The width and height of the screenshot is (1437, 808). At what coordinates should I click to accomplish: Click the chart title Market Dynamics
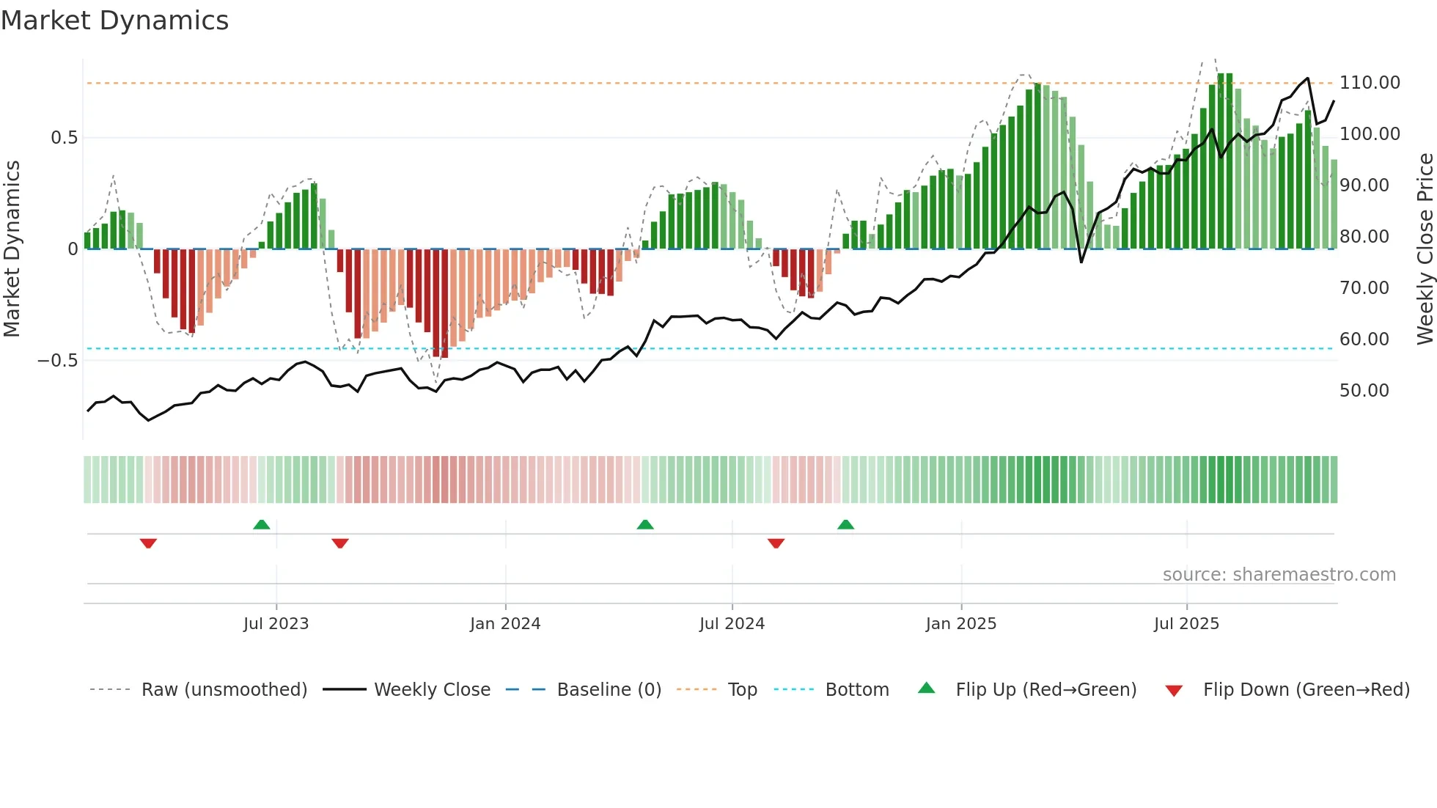pyautogui.click(x=114, y=21)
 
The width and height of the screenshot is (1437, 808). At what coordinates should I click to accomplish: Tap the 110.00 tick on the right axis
pyautogui.click(x=1370, y=83)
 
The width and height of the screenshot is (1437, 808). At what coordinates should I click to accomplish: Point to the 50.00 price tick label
pyautogui.click(x=1364, y=391)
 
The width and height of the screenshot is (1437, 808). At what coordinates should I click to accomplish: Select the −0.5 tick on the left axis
pyautogui.click(x=57, y=361)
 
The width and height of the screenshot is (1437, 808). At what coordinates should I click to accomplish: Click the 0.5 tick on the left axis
pyautogui.click(x=64, y=138)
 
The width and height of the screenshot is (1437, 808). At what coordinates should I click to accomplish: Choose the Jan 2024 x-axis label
pyautogui.click(x=505, y=624)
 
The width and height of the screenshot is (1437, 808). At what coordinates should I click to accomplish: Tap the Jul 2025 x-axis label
pyautogui.click(x=1186, y=624)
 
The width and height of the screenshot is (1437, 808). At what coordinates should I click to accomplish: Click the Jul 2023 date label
pyautogui.click(x=276, y=624)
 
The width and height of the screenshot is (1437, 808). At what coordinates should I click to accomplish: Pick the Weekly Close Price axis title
pyautogui.click(x=1425, y=249)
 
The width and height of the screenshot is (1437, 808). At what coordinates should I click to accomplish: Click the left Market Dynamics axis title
pyautogui.click(x=12, y=249)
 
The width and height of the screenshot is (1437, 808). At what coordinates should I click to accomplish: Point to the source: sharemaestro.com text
pyautogui.click(x=1279, y=575)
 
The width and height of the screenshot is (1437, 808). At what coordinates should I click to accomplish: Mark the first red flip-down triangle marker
pyautogui.click(x=148, y=543)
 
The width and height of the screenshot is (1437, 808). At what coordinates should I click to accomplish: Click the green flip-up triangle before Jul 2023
pyautogui.click(x=262, y=524)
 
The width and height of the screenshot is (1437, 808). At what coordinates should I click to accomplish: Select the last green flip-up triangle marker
pyautogui.click(x=845, y=524)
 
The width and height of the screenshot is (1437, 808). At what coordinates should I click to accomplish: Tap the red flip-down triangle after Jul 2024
pyautogui.click(x=776, y=543)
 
